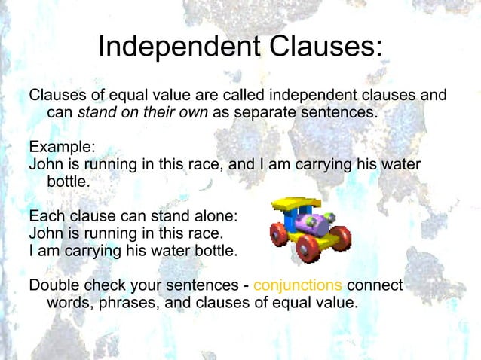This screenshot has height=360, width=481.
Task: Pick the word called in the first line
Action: pyautogui.click(x=240, y=96)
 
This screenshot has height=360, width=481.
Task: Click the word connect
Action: pyautogui.click(x=375, y=287)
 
